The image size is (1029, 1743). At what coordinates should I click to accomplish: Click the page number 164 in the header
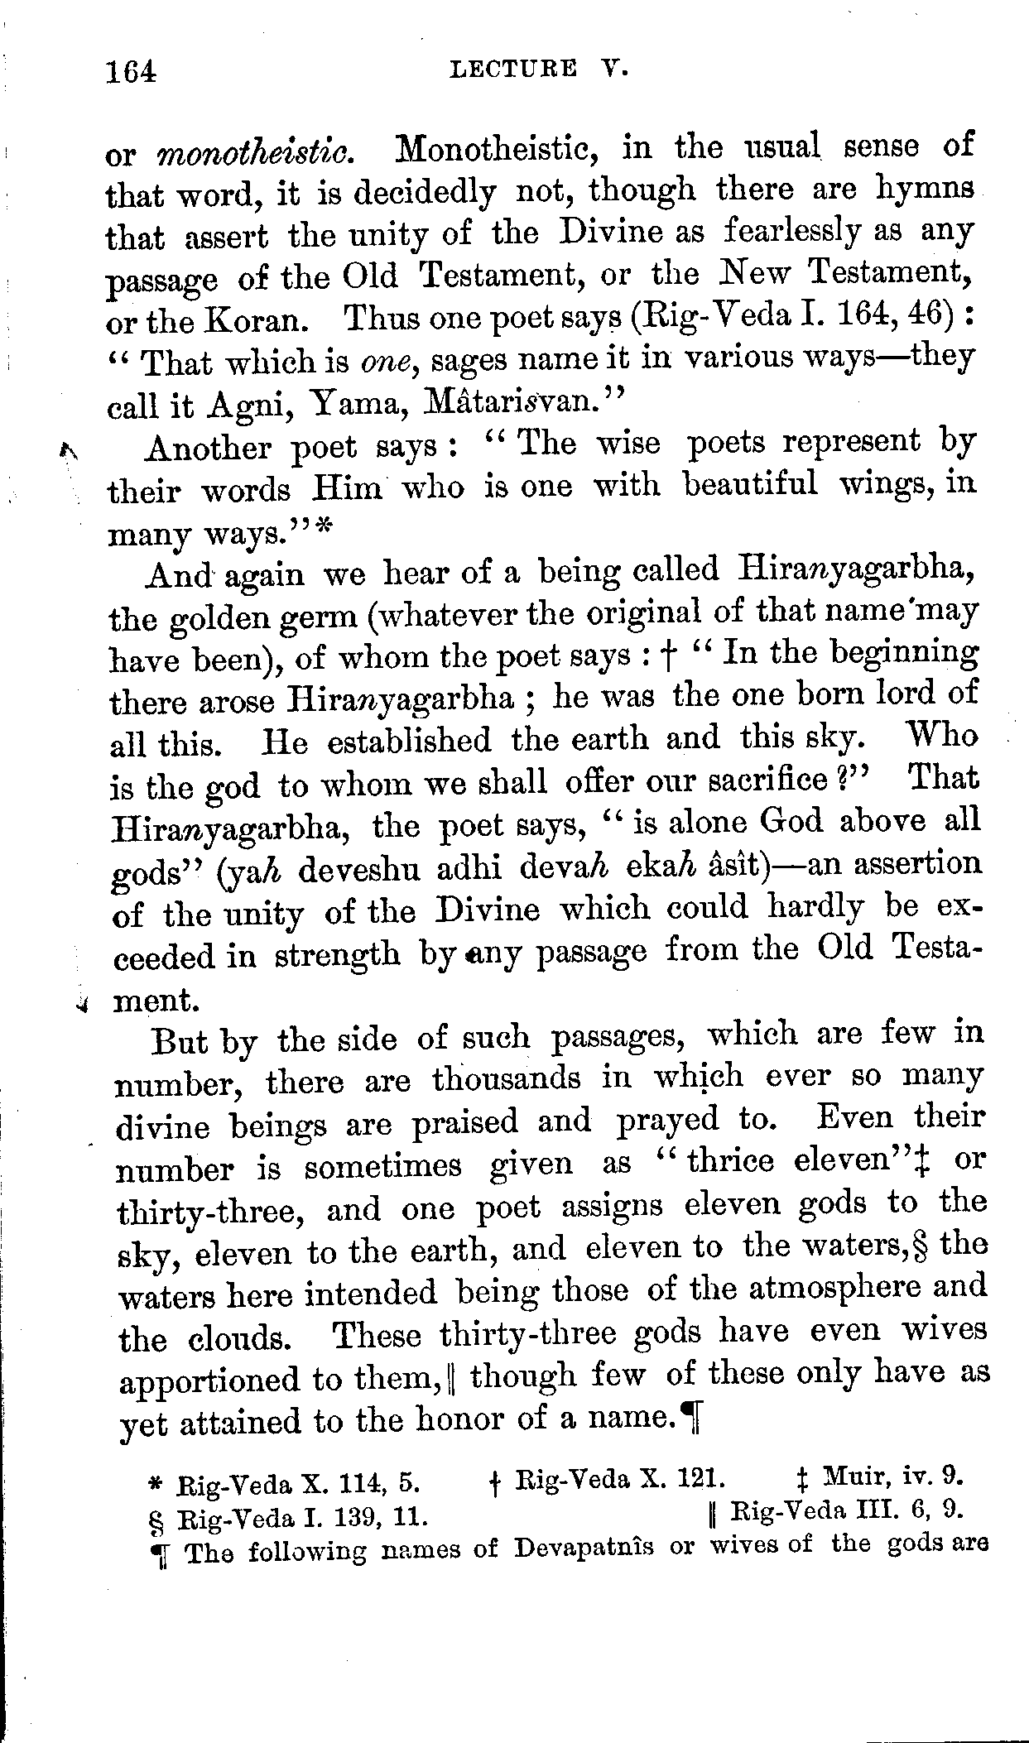point(131,72)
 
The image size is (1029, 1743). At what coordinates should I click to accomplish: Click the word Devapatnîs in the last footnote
point(583,1549)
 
